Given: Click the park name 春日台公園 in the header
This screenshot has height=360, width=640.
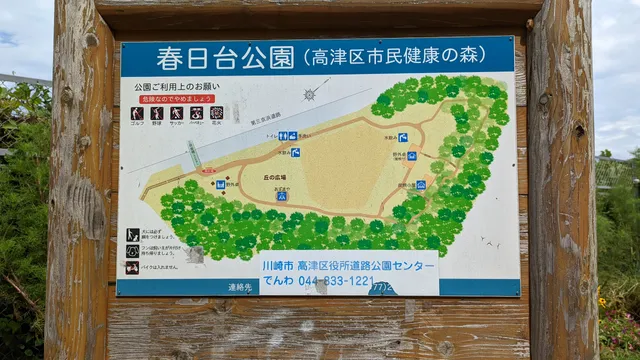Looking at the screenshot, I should pos(220,57).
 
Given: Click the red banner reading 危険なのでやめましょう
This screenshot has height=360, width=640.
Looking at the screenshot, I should pos(177,99).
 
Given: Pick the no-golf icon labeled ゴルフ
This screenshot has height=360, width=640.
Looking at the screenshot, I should pos(137,113).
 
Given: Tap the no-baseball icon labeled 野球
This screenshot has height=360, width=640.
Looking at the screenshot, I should pos(157,113).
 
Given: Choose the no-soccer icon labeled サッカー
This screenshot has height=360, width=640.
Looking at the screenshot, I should pos(177,113).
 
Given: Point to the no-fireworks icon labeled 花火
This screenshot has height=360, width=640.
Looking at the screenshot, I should pos(217,113).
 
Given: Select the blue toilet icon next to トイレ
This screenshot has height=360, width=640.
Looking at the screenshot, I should pos(283,136).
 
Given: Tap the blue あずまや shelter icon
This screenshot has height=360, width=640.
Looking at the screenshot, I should pos(282,196).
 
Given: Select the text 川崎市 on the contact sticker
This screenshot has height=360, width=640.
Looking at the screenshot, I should pos(278,268).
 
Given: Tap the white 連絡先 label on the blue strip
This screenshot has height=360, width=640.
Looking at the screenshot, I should pos(240,286).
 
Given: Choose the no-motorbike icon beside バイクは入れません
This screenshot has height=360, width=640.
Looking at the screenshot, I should pos(133,267).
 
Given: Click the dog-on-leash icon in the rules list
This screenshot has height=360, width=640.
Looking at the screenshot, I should pos(133,251).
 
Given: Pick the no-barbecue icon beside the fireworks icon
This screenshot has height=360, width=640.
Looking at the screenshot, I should pos(197,113).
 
